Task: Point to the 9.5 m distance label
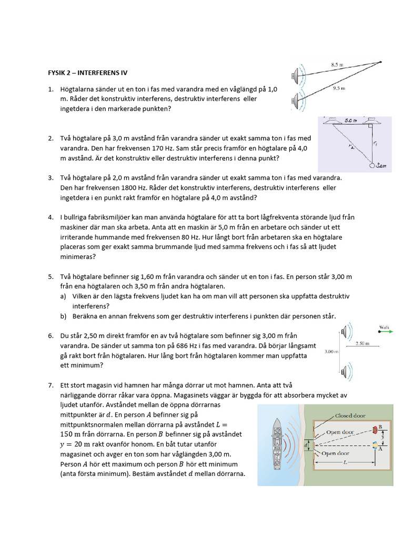tap(339, 88)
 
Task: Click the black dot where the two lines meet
tap(380, 62)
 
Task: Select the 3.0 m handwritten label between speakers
tap(351, 120)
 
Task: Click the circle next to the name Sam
tap(374, 166)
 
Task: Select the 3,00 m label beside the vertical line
tap(331, 351)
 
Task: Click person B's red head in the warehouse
tap(376, 429)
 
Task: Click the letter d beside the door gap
tap(306, 446)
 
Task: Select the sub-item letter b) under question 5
tap(63, 316)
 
